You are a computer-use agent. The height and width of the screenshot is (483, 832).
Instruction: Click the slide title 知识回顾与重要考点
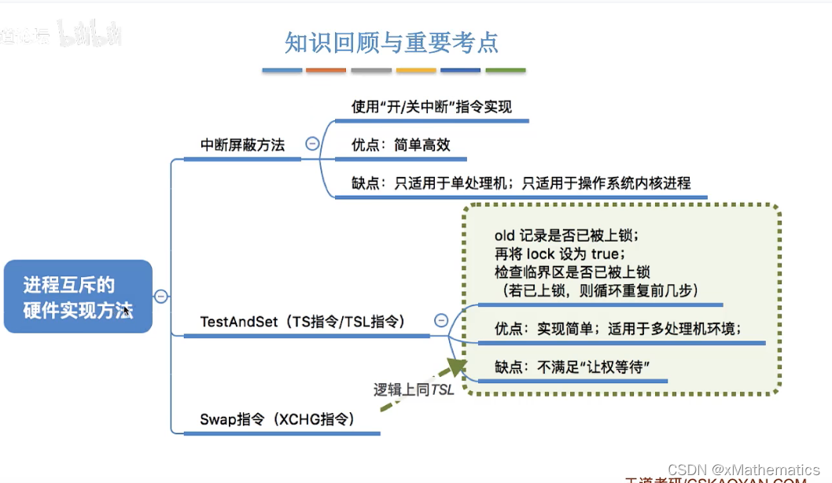392,42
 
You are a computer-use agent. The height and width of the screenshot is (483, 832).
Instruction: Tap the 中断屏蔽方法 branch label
242,145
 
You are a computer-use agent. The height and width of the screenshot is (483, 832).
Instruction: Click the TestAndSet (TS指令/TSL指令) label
303,321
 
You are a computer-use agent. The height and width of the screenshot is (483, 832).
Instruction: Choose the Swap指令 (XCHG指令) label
278,419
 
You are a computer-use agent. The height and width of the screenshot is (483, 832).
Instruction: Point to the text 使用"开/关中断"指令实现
432,106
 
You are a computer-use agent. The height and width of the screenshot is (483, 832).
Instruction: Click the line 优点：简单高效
401,145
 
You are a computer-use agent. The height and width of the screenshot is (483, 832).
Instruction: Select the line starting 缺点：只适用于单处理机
521,183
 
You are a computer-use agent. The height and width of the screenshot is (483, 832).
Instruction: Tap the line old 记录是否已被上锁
567,235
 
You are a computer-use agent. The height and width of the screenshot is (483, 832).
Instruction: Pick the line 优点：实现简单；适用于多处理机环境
618,328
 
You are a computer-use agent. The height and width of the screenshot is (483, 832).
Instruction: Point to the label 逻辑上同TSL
414,389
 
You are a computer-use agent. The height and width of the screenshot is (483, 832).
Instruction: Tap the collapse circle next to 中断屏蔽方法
312,144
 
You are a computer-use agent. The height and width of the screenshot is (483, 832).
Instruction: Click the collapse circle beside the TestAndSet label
441,320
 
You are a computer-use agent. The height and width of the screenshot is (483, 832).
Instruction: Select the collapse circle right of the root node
161,297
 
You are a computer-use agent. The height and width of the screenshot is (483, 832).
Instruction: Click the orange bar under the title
326,71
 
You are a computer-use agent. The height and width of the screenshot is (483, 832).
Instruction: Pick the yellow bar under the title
416,71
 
